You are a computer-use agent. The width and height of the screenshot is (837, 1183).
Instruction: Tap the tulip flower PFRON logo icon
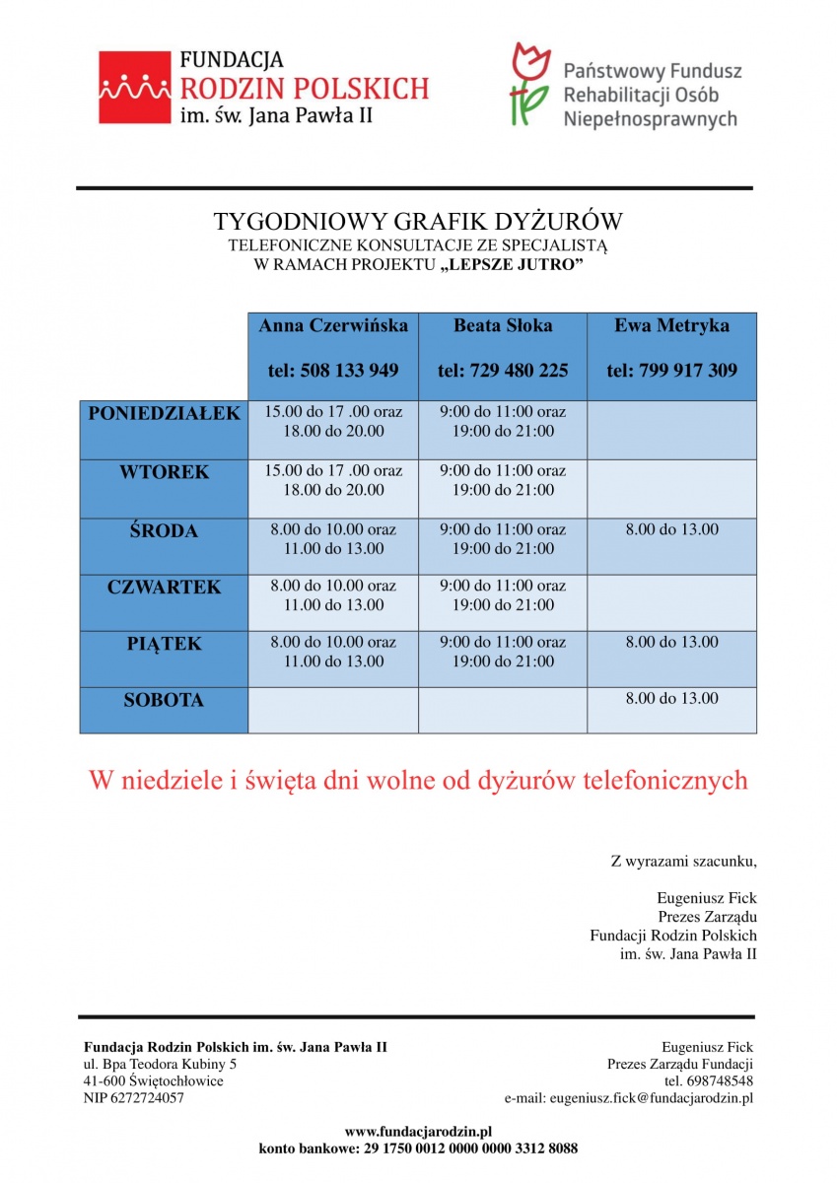tap(530, 84)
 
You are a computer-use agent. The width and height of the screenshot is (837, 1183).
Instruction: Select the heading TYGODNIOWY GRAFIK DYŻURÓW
tap(419, 221)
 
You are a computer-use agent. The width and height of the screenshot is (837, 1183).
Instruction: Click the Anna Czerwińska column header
tap(333, 325)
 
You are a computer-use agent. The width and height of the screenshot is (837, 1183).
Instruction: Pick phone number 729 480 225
tap(503, 371)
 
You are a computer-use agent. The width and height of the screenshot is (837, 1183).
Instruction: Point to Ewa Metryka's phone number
tap(672, 371)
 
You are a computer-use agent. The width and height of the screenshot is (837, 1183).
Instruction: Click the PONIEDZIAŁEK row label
tap(164, 414)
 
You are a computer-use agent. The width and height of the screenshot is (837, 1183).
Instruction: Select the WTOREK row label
tap(164, 472)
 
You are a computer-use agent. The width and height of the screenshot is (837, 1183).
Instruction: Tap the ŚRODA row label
tap(164, 530)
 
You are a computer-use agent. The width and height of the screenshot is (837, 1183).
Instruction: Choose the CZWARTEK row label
tap(164, 588)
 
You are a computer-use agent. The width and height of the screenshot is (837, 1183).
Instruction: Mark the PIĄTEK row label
tap(164, 644)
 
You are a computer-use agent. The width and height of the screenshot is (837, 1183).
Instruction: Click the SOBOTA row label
tap(164, 701)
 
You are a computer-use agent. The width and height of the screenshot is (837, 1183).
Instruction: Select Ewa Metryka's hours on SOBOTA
tap(672, 699)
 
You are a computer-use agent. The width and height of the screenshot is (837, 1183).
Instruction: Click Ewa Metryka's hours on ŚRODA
tap(672, 529)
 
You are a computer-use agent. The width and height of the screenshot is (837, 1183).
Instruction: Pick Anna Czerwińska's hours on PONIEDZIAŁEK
tap(333, 421)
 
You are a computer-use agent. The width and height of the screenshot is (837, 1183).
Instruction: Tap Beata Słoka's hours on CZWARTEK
tap(503, 595)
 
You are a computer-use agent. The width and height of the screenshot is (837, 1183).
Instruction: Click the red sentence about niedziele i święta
tap(418, 781)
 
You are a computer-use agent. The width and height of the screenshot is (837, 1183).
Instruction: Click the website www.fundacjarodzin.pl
tap(418, 1131)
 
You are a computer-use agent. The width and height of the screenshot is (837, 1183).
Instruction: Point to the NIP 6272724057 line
tap(134, 1097)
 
